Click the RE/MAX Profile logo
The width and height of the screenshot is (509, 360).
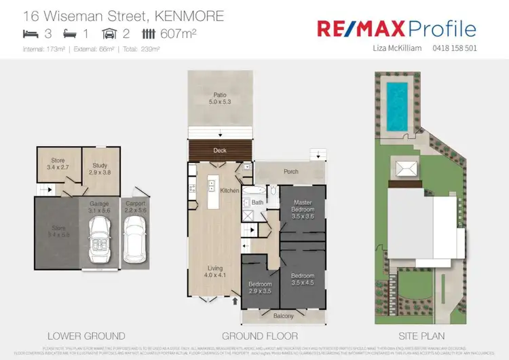396,29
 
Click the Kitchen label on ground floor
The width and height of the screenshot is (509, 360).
230,192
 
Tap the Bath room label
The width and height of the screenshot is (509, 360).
257,202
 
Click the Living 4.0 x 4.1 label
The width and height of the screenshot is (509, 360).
214,272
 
